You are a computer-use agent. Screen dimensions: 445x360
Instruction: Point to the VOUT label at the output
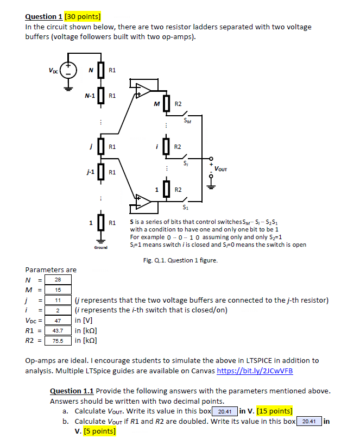[x=220, y=169]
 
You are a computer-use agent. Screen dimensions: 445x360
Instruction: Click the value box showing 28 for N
[x=57, y=279]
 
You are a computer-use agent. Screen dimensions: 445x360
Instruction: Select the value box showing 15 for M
[x=57, y=290]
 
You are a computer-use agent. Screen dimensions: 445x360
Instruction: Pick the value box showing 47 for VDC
[x=57, y=321]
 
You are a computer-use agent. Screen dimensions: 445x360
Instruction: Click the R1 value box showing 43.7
[x=57, y=331]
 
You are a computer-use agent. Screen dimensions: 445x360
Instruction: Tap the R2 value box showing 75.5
[x=57, y=341]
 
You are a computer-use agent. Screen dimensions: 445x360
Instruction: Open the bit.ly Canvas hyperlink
[x=254, y=371]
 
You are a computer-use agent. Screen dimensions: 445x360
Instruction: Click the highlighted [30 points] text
[x=87, y=16]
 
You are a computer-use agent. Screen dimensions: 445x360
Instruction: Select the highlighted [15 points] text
[x=274, y=411]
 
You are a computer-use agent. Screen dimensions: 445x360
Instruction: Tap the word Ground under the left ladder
[x=100, y=247]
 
